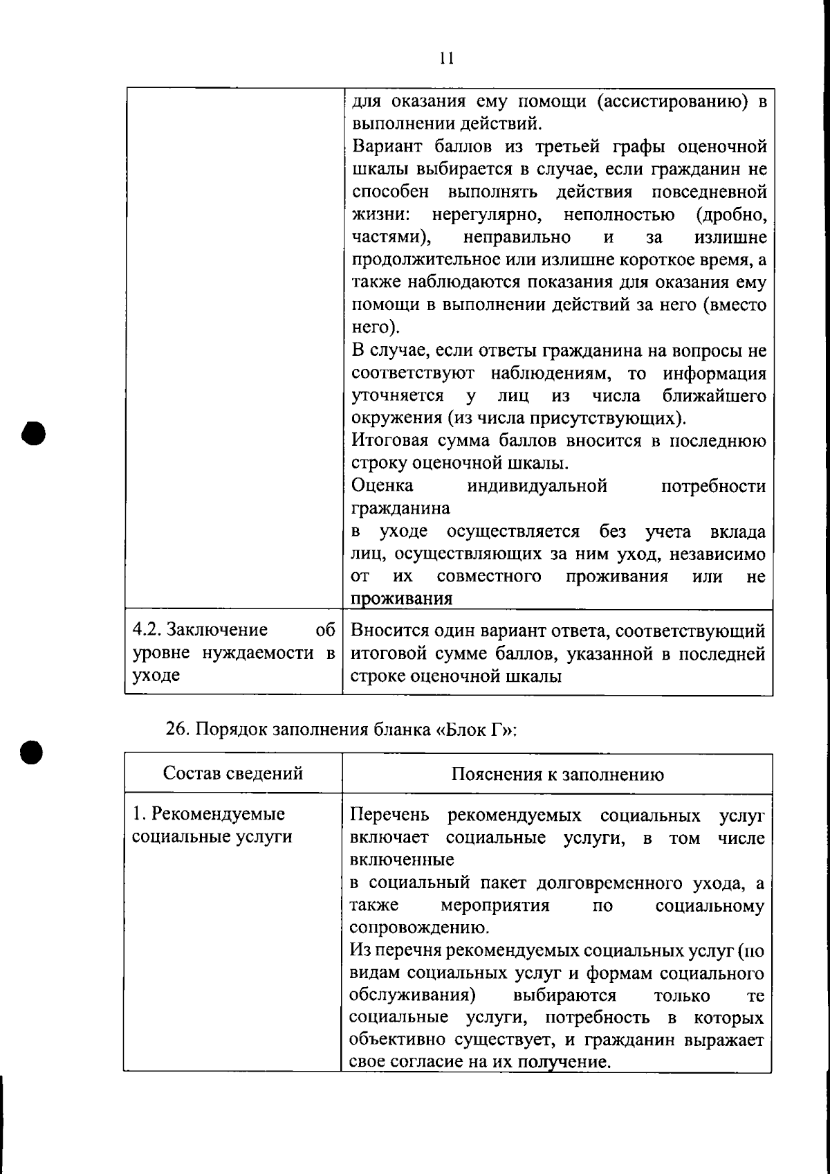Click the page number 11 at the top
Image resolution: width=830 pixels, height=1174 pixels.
click(446, 58)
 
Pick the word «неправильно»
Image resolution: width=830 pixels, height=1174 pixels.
click(517, 237)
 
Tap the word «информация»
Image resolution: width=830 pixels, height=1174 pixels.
click(714, 374)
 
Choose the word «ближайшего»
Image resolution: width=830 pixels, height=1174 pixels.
click(714, 397)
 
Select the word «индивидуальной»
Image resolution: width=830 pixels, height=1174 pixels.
click(537, 486)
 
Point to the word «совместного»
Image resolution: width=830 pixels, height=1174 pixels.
click(489, 577)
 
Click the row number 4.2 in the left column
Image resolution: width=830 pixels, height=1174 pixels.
click(147, 631)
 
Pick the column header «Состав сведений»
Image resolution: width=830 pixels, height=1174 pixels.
click(233, 773)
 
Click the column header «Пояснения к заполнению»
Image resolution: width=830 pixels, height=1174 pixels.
click(557, 774)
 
